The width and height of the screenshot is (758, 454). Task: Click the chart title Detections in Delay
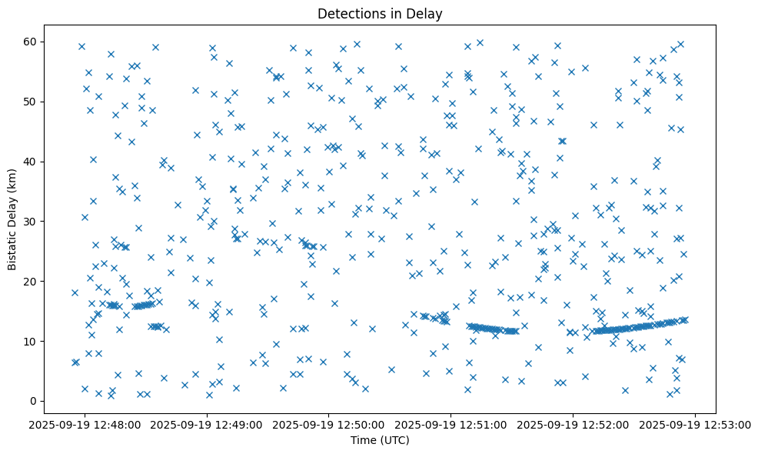[x=379, y=14]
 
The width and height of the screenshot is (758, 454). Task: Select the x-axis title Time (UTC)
[x=379, y=440]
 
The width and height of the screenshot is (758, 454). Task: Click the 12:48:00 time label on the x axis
[x=85, y=424]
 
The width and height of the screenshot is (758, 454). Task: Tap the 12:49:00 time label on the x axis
[x=207, y=424]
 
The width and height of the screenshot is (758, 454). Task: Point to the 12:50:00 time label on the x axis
[x=329, y=424]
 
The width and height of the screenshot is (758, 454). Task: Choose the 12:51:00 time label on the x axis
[x=451, y=424]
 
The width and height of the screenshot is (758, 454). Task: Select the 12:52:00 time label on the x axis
[x=573, y=424]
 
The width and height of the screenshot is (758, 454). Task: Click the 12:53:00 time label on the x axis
[x=696, y=424]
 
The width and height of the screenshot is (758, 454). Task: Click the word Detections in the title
[x=346, y=14]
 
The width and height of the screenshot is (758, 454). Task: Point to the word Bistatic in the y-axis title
[x=13, y=246]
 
